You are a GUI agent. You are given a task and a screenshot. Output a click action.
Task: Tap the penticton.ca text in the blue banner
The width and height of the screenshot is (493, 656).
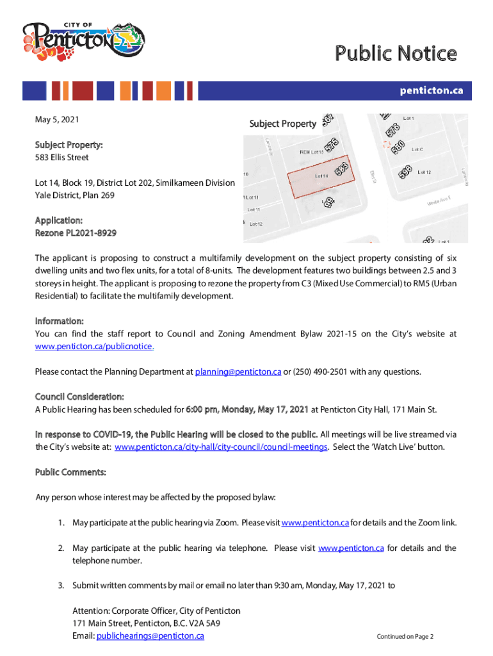pos(431,91)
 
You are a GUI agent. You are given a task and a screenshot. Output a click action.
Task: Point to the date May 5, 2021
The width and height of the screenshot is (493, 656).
pos(58,120)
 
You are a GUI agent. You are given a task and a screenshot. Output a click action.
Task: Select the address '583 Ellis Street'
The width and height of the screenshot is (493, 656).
pos(61,158)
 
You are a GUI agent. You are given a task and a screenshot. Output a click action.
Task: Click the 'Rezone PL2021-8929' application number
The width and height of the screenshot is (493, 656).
pos(76,233)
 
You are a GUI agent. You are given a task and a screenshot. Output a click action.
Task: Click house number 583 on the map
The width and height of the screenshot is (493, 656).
pos(341,169)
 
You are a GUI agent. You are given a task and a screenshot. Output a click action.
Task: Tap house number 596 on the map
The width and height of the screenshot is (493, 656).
pos(405,172)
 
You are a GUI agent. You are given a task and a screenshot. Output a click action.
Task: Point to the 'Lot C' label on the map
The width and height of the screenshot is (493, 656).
pos(417,149)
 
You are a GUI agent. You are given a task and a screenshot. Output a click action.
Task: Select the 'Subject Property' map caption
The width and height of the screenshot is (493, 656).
pos(282,124)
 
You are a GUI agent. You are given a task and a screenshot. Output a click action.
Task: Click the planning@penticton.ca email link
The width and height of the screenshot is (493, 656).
pos(238,372)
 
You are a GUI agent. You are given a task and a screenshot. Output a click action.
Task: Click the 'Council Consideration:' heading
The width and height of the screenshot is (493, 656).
pos(79,397)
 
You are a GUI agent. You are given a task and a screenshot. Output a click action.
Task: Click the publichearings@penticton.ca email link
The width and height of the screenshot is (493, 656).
pos(150,636)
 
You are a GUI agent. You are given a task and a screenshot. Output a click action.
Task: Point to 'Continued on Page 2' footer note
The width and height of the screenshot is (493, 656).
pos(405,637)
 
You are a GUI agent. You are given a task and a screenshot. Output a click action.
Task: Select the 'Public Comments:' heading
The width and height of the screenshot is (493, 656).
pos(70,473)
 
